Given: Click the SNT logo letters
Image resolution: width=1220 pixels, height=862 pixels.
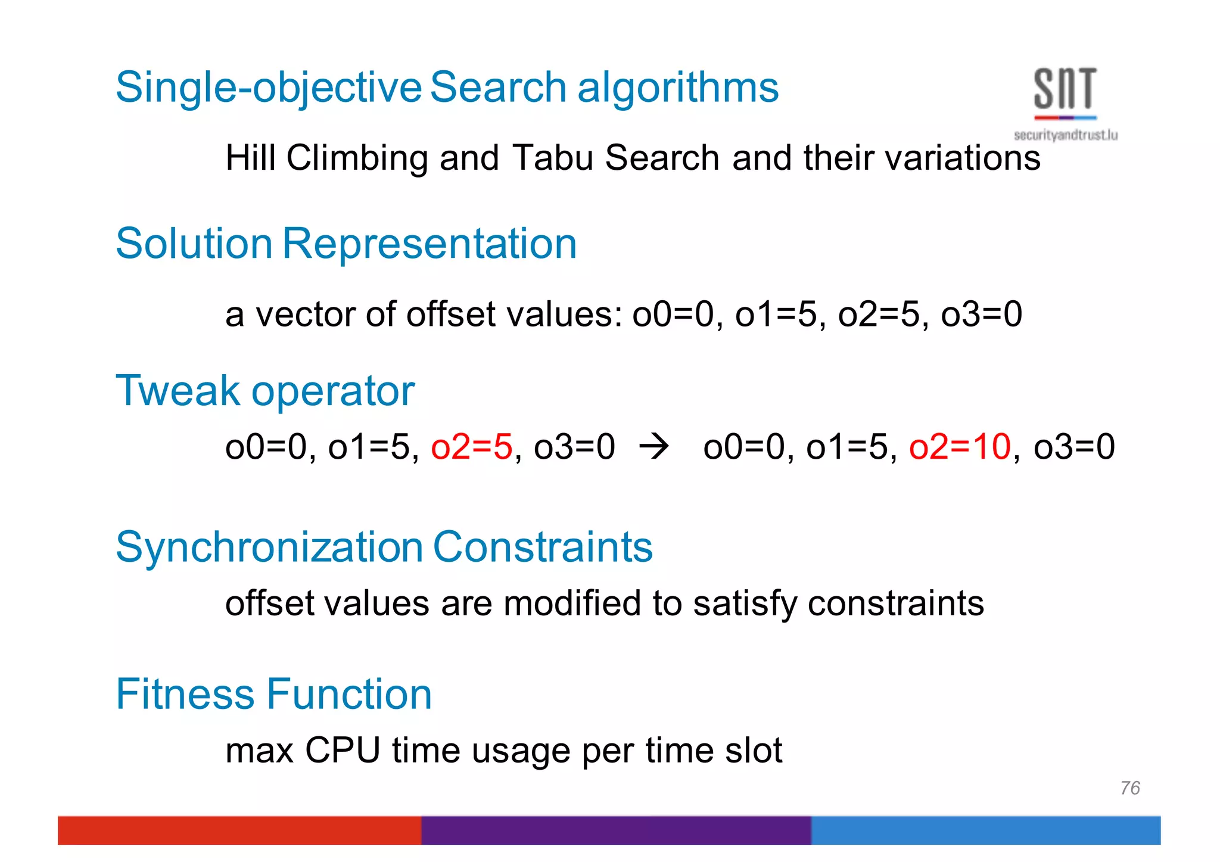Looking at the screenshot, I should (x=1065, y=89).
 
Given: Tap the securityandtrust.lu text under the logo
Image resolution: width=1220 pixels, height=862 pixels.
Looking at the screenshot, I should (x=1065, y=135).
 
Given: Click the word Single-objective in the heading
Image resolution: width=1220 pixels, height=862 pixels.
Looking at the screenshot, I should (x=269, y=88).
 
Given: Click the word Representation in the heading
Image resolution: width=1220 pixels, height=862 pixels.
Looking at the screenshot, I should (x=429, y=244).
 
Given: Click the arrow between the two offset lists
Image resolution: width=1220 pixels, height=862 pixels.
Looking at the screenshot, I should (x=653, y=447).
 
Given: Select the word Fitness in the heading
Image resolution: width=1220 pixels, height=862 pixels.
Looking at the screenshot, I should (x=185, y=694).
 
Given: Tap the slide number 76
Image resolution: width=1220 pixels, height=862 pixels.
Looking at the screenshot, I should (x=1129, y=788).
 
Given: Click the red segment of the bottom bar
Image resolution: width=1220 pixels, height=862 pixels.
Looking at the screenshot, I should (x=238, y=830).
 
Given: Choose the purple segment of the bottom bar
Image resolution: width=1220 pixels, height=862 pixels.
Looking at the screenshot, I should (x=616, y=830).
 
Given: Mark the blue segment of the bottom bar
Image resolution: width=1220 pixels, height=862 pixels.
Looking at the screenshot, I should (x=985, y=830).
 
